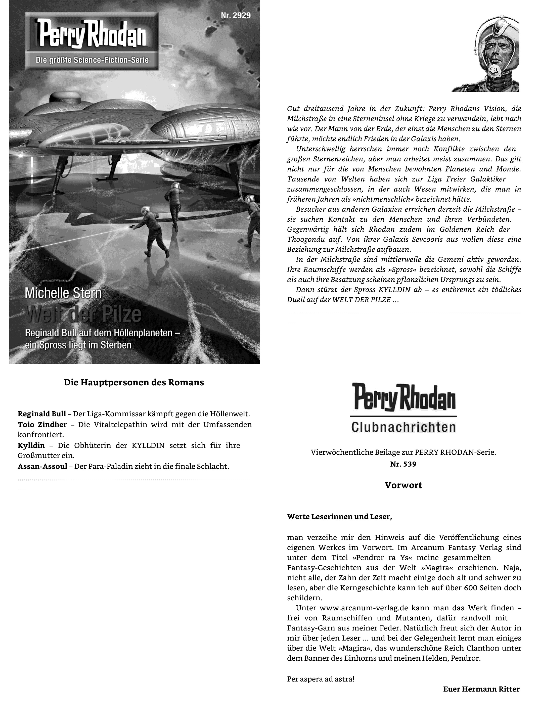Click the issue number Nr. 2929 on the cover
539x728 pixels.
pos(236,15)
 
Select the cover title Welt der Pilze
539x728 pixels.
pos(83,313)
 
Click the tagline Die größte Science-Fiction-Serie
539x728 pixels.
pos(92,60)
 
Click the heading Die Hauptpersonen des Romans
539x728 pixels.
pos(134,382)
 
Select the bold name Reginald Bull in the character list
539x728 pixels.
pos(42,414)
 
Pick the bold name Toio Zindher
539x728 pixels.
pos(42,424)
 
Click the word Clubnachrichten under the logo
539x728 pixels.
pos(403,428)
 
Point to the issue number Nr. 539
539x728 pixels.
pos(403,464)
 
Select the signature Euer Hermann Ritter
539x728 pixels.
pos(481,689)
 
